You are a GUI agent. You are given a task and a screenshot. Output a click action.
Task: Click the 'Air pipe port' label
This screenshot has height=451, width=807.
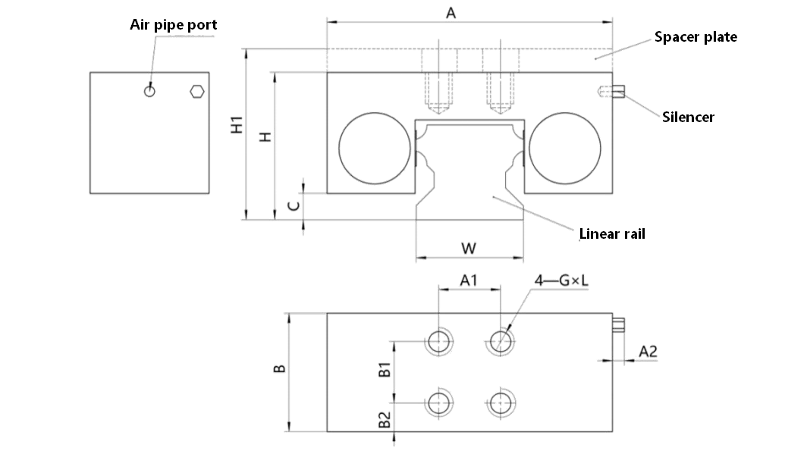click(174, 25)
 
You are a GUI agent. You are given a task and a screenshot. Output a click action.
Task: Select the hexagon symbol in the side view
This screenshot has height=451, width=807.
click(197, 92)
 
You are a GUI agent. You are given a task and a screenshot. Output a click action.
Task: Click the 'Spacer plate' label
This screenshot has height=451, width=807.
click(696, 37)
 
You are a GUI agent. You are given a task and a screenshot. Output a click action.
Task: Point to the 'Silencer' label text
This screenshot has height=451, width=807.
click(688, 117)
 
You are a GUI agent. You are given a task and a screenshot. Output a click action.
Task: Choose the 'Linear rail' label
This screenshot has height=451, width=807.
click(612, 234)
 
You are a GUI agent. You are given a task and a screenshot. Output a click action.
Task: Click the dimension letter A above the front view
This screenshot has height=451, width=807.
click(451, 13)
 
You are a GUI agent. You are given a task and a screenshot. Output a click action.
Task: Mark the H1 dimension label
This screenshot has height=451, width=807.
click(237, 125)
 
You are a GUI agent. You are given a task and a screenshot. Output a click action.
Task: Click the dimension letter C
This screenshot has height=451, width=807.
click(294, 206)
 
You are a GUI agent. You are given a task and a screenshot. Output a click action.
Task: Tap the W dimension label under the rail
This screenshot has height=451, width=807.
click(469, 249)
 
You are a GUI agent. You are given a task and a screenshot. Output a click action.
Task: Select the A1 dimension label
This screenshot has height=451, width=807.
click(469, 280)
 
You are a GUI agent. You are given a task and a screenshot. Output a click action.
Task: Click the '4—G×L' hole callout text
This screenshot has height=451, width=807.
click(561, 280)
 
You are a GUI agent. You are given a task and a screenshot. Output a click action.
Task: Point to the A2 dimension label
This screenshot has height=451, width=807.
click(648, 351)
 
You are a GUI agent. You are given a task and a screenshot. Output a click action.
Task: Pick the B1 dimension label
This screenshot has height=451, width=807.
click(385, 369)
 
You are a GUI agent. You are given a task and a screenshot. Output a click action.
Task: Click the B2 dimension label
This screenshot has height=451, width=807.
click(385, 419)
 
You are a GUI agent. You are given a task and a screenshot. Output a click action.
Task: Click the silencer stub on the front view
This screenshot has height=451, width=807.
click(618, 92)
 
